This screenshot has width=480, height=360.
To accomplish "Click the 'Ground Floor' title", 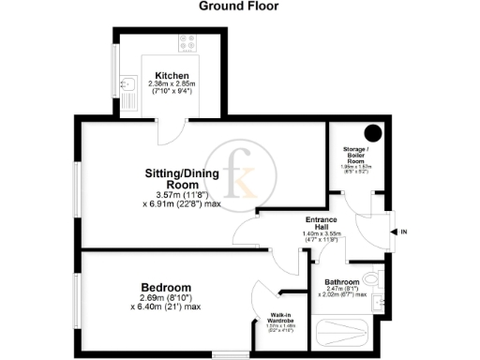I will click(x=240, y=7).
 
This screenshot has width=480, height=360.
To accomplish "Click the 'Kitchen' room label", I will click(x=172, y=76).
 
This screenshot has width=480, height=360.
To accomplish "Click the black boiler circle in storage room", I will click(x=372, y=133).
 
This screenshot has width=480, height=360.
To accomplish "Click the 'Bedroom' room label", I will click(x=166, y=287).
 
